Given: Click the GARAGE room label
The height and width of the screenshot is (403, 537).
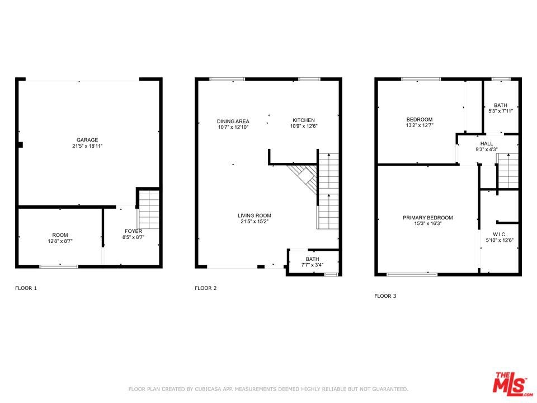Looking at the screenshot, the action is click(x=87, y=140).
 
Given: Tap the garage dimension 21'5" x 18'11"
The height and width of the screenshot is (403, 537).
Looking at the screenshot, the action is click(x=87, y=146).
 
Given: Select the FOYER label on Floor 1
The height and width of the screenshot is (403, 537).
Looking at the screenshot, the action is click(x=133, y=231).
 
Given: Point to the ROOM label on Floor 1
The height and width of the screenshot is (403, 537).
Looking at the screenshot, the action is click(x=60, y=235).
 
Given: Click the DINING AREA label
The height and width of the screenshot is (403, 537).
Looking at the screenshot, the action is click(x=233, y=121).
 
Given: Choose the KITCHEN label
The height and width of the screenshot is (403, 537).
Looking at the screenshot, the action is click(x=303, y=120).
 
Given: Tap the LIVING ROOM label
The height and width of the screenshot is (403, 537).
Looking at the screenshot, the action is click(x=255, y=215).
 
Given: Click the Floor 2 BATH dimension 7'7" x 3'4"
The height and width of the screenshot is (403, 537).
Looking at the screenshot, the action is click(x=312, y=265).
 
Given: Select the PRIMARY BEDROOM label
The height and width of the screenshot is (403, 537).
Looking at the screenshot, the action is click(x=428, y=218).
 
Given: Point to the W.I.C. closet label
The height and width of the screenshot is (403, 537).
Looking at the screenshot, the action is click(x=500, y=235).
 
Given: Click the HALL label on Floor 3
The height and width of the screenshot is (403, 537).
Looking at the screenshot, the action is click(x=487, y=144).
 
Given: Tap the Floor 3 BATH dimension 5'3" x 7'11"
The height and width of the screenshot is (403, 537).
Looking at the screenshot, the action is click(x=500, y=111).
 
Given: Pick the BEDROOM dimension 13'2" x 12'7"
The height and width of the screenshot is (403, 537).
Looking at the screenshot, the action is click(x=420, y=125).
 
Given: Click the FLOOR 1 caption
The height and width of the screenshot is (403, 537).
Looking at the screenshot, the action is click(x=26, y=288).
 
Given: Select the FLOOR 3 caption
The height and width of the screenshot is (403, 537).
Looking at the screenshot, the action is click(x=385, y=296).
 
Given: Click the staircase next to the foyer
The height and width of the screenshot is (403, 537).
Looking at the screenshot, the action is click(x=149, y=210).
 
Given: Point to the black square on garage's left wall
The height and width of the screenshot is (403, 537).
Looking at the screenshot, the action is click(x=20, y=145).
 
